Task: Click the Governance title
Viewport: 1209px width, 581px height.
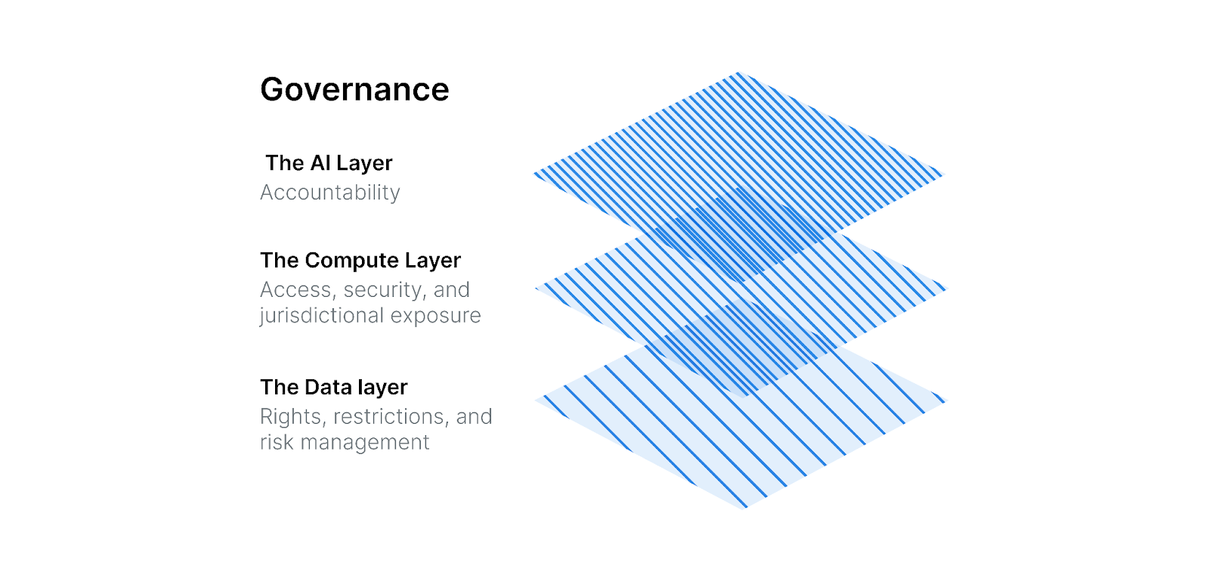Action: tap(354, 90)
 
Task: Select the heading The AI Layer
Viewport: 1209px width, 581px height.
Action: tap(329, 163)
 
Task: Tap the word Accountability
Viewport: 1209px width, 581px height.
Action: tap(329, 193)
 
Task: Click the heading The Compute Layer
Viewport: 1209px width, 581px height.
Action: tap(360, 261)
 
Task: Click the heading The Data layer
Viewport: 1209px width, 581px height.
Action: tap(333, 388)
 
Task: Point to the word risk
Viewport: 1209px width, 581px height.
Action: tap(277, 443)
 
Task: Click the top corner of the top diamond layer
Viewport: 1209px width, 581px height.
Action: tap(739, 73)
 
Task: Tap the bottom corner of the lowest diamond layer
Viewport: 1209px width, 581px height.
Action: tap(744, 507)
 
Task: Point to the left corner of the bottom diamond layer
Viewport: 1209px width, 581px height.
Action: tap(537, 398)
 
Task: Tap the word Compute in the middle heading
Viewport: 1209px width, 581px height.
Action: tap(352, 261)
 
